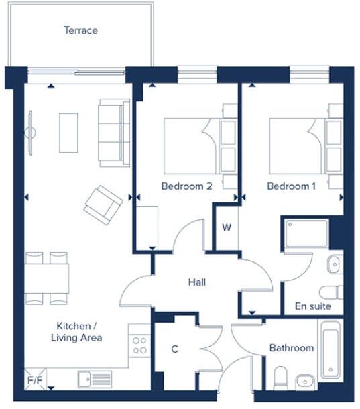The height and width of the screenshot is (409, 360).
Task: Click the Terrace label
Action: coord(80,30)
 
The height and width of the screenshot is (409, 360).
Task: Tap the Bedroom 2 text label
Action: coord(186,186)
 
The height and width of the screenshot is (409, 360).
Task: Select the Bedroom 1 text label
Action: coord(291,186)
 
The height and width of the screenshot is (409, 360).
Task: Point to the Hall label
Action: coord(196,282)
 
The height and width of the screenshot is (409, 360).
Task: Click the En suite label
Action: coord(312,306)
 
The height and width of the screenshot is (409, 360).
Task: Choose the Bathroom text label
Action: coord(291,348)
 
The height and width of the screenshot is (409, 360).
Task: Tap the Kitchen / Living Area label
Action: coord(76,332)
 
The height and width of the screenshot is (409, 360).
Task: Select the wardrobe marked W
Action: coord(227,228)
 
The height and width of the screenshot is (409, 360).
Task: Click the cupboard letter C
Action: coord(174,349)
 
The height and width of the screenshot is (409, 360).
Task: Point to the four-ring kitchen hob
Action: coord(139,345)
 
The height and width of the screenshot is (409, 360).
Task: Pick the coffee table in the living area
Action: coord(68,132)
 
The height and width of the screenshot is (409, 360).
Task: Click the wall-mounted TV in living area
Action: coord(29,132)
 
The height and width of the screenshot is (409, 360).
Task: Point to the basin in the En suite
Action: coord(335,265)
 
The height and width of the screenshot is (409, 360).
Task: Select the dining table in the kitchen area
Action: coord(47,278)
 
